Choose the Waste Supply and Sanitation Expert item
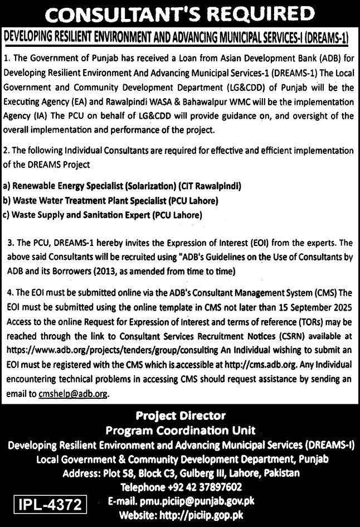coord(103,215)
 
